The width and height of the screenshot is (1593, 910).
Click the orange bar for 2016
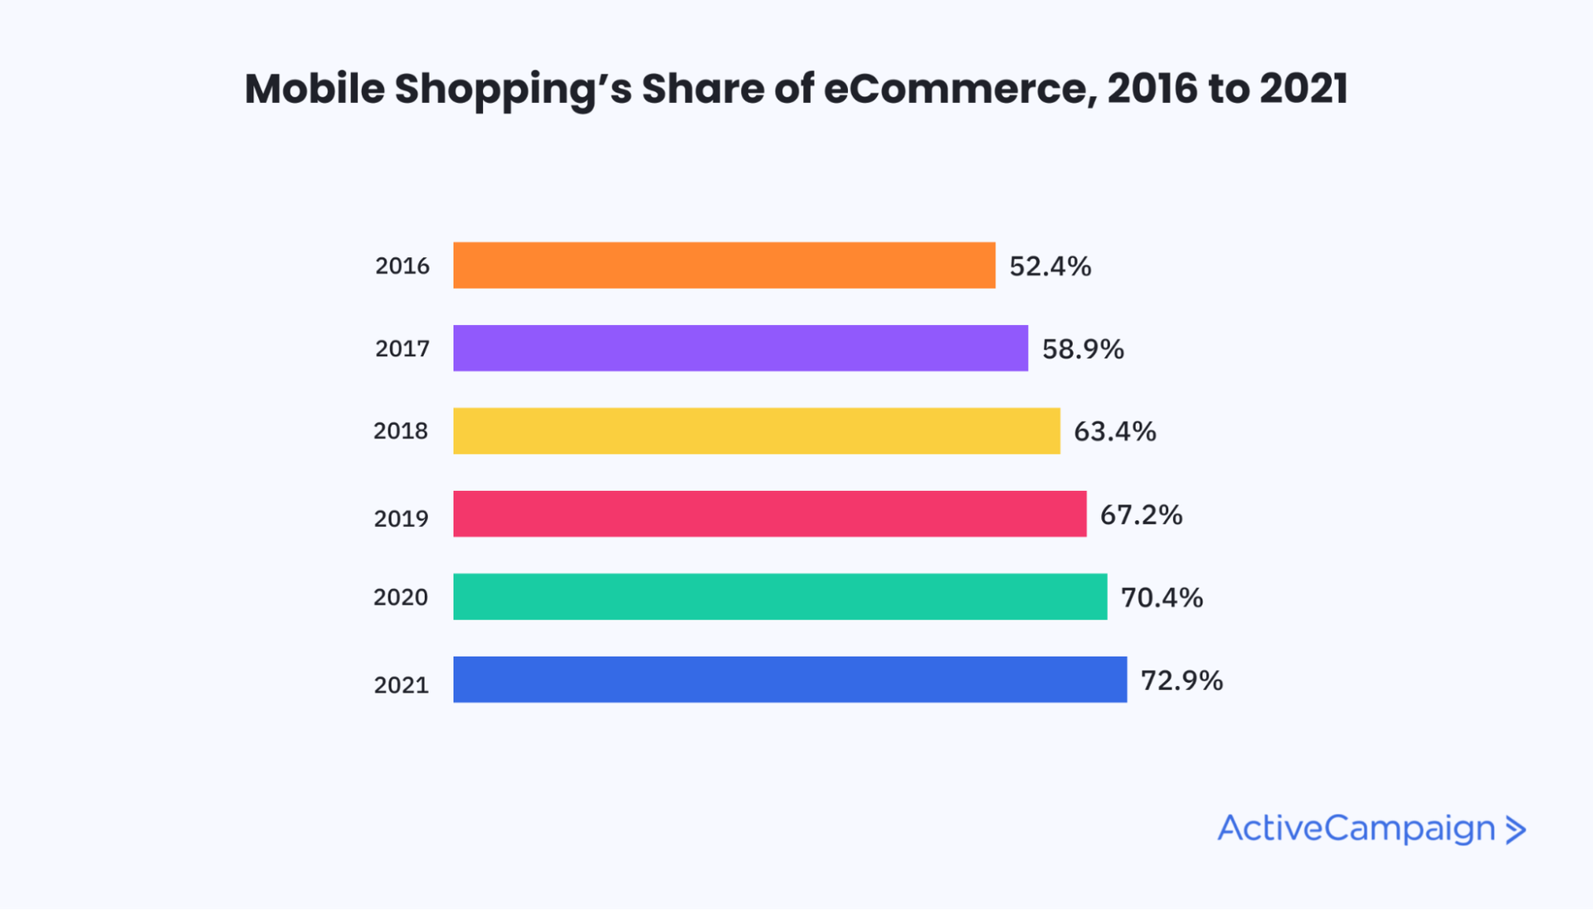tap(723, 265)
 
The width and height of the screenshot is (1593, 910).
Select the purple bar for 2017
tap(740, 348)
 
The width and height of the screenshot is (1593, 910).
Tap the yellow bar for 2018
tap(756, 431)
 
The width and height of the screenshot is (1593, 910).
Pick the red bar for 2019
tap(769, 513)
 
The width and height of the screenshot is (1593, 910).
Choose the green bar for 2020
tap(780, 596)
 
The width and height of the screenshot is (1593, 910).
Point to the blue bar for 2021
tap(790, 679)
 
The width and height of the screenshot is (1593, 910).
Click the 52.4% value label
tap(1050, 266)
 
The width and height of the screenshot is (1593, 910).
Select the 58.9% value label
tap(1083, 349)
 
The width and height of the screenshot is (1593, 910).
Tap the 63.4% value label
tap(1114, 431)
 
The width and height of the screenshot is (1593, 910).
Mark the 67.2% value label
tap(1141, 515)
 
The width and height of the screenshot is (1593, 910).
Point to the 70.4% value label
tap(1162, 597)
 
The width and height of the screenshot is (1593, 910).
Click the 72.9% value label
tap(1181, 680)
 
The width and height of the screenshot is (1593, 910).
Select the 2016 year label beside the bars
tap(402, 266)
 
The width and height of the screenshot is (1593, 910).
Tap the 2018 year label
tap(401, 431)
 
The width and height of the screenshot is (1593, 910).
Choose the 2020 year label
tap(401, 597)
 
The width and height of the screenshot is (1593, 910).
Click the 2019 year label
tap(401, 518)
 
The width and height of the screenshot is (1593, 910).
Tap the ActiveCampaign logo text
tap(1356, 829)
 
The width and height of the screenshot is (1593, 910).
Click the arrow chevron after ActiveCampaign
tap(1516, 830)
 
